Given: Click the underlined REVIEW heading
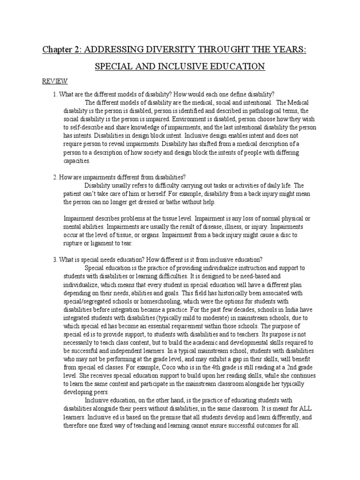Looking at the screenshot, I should (55, 81).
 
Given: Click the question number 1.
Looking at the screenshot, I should (54, 94).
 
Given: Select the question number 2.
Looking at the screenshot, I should (54, 177).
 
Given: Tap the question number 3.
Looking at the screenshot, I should (54, 259).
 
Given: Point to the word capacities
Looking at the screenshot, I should (76, 161).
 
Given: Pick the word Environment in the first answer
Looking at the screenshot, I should (187, 120).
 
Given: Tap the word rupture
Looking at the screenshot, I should (75, 243).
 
